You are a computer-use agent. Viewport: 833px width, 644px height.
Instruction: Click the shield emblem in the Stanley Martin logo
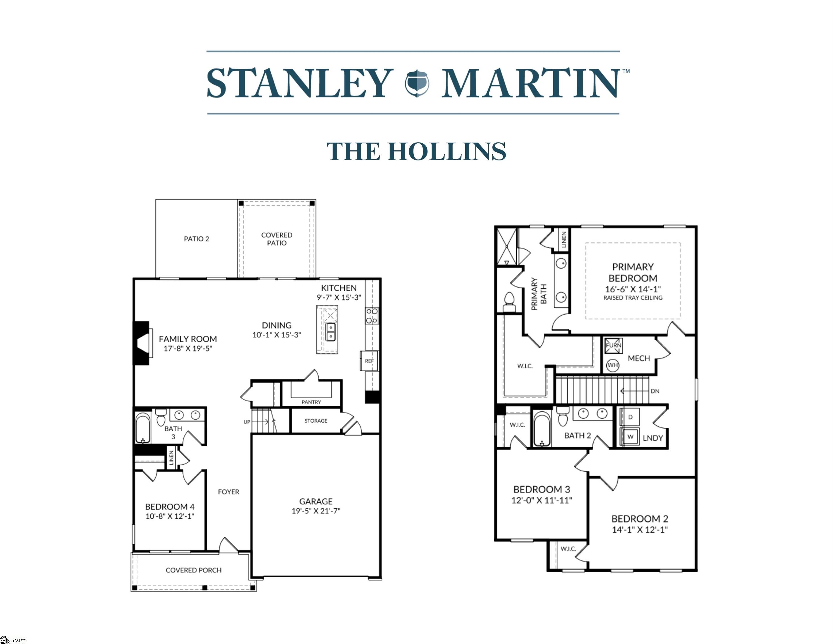coord(417,83)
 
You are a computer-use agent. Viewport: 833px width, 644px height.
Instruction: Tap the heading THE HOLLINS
coord(416,151)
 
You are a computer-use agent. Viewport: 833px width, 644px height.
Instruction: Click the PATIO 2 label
coord(196,239)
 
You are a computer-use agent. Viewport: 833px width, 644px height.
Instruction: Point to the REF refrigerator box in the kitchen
coord(369,361)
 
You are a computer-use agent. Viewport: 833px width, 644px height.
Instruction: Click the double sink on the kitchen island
coord(330,332)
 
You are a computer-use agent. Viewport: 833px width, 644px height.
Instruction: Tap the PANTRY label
coord(311,402)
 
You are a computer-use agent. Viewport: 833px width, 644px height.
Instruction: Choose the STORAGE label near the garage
coord(316,421)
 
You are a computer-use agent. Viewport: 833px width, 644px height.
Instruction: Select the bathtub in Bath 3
coord(143,428)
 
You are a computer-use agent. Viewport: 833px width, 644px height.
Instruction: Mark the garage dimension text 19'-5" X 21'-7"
coord(316,511)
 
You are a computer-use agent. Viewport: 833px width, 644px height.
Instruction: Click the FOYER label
coord(229,492)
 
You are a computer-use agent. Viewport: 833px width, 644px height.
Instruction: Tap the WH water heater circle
coord(613,365)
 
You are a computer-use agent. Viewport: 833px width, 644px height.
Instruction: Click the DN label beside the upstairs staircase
coord(655,391)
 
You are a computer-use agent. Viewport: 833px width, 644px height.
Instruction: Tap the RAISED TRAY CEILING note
coord(633,298)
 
